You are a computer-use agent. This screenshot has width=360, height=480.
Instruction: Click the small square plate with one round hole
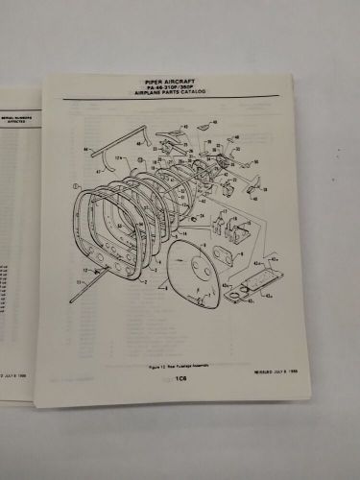(x=225, y=257)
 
